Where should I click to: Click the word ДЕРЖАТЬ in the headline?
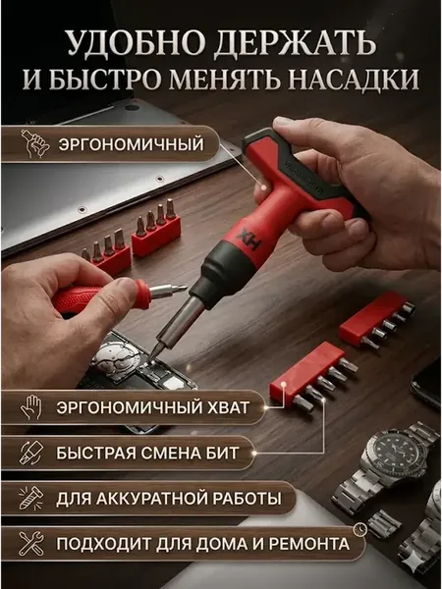(x=295, y=43)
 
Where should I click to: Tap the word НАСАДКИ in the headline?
(x=356, y=80)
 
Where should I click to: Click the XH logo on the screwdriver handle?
(x=249, y=241)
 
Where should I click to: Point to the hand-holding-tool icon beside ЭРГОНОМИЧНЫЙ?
(x=34, y=143)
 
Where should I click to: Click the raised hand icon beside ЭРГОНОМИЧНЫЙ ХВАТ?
(x=32, y=406)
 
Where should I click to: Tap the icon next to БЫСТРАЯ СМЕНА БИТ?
(x=31, y=453)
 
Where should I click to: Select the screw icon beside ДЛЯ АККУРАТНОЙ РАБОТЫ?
(x=31, y=498)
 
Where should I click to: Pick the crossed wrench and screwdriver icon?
(x=31, y=544)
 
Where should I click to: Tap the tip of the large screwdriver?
(x=153, y=354)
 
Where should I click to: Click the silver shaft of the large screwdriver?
(x=180, y=323)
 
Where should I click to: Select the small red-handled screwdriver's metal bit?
(x=168, y=290)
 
